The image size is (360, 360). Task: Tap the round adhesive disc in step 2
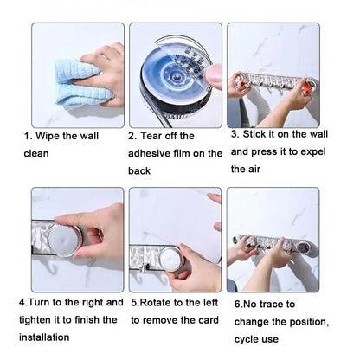175,69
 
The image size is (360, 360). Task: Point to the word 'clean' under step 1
36,154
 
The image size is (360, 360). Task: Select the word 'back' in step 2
140,171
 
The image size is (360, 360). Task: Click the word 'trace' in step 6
277,305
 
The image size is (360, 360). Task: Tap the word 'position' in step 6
294,322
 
